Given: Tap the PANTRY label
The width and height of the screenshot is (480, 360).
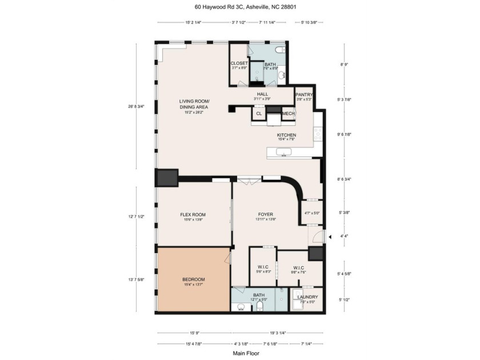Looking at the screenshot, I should pyautogui.click(x=303, y=94).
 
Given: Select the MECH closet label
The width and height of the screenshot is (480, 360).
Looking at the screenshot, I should pyautogui.click(x=288, y=114).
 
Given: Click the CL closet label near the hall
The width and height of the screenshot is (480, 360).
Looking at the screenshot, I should pyautogui.click(x=259, y=114).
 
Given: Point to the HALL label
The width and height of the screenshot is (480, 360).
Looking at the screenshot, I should pyautogui.click(x=262, y=94).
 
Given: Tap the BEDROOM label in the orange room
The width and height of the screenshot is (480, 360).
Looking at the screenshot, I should pyautogui.click(x=193, y=279).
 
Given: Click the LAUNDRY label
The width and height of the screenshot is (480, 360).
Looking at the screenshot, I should pyautogui.click(x=307, y=297).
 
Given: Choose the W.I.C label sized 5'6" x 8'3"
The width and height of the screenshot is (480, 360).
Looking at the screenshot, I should pyautogui.click(x=263, y=268).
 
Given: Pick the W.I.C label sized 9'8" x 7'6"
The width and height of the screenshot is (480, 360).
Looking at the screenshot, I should pyautogui.click(x=298, y=268).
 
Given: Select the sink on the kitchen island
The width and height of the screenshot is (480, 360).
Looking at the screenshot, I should pyautogui.click(x=284, y=152).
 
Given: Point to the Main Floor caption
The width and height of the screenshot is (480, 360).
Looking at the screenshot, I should pyautogui.click(x=240, y=353).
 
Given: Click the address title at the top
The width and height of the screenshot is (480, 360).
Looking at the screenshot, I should pyautogui.click(x=240, y=7).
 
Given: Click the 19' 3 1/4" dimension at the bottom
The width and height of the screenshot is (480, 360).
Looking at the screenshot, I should pyautogui.click(x=275, y=333).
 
